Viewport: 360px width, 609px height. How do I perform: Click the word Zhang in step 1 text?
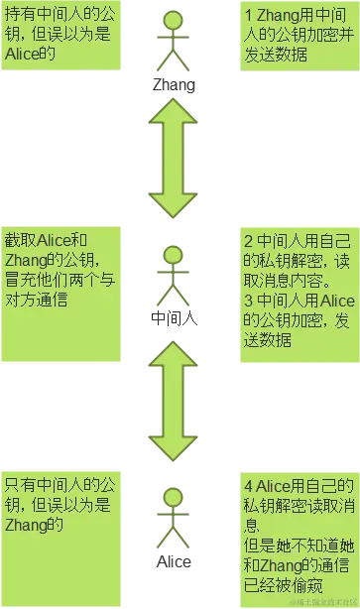coord(279,17)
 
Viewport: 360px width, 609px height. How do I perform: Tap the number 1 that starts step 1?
coord(247,17)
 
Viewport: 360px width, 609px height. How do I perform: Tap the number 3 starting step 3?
coord(248,299)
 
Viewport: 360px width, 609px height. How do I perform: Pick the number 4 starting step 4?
coord(248,486)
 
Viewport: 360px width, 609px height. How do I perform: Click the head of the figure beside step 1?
coord(174,21)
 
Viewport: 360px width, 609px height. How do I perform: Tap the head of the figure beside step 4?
coord(174,499)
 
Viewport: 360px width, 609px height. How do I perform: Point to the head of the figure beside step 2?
coord(174,257)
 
